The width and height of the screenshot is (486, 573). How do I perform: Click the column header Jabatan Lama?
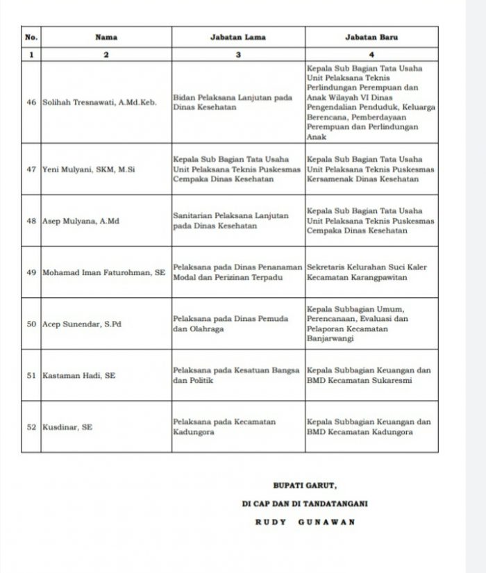[x=237, y=38]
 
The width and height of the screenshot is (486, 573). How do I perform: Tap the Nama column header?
[x=106, y=38]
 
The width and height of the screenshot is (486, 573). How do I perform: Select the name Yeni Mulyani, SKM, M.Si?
[x=88, y=169]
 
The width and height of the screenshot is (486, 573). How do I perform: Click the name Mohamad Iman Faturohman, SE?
[x=104, y=272]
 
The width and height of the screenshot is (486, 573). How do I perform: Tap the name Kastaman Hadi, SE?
[x=79, y=375]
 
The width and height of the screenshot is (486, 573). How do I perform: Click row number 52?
[x=31, y=427]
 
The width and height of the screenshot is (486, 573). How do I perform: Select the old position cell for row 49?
[x=237, y=272]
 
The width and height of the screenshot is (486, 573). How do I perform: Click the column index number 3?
[x=237, y=54]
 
